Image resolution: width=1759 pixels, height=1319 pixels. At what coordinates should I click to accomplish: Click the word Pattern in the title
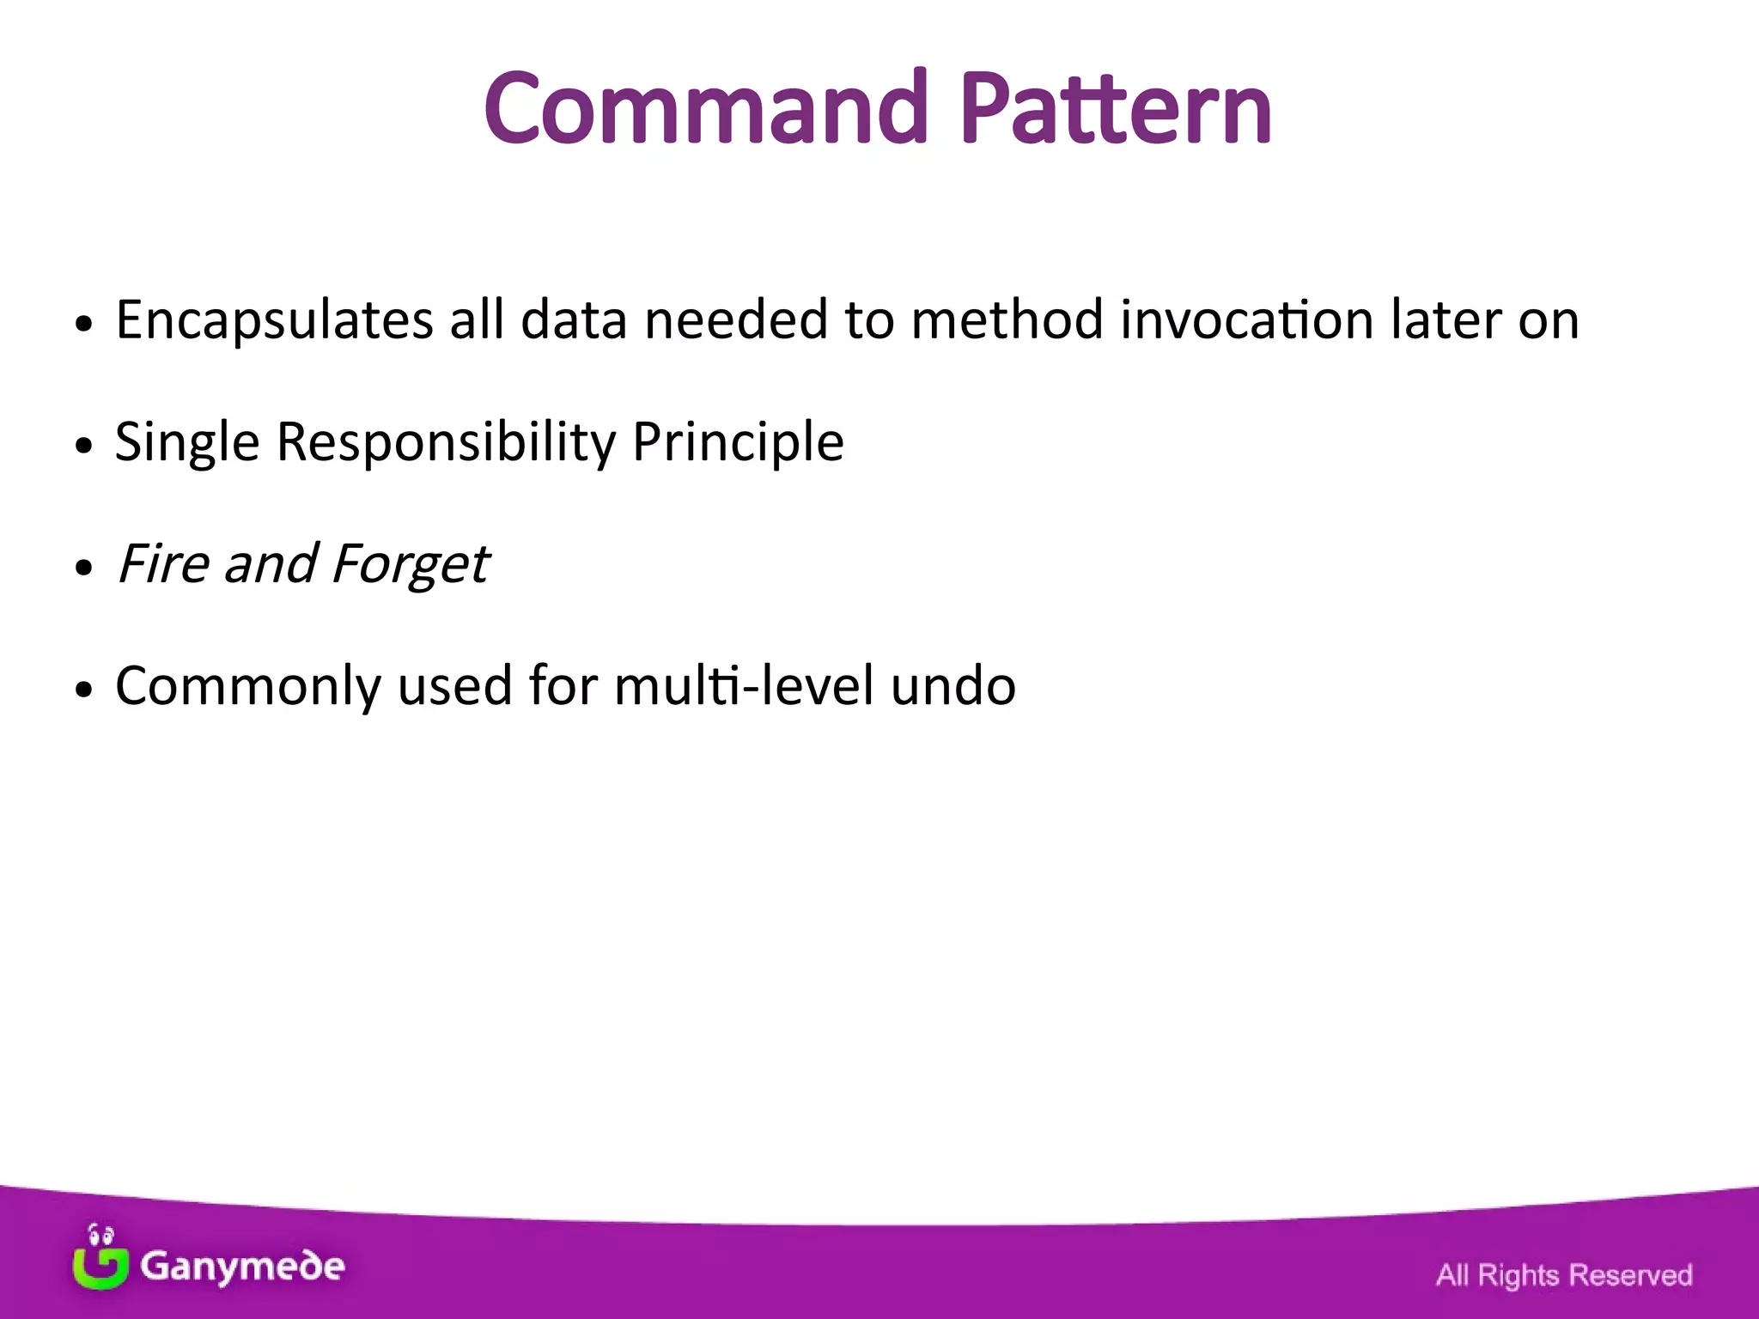point(1115,109)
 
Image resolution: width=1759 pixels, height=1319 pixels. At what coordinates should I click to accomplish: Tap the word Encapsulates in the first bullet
point(274,321)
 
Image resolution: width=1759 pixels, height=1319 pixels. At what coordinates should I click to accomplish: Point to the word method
point(1006,319)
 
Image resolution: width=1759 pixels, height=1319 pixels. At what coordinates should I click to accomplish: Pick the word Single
point(186,443)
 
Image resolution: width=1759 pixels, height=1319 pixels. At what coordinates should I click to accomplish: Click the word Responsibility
point(446,443)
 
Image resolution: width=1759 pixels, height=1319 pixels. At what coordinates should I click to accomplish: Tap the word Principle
point(738,443)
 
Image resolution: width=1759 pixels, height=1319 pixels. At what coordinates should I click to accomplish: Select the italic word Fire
point(163,564)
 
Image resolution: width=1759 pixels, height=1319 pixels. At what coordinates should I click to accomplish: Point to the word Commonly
point(248,687)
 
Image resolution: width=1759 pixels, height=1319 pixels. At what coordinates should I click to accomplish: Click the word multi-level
point(743,686)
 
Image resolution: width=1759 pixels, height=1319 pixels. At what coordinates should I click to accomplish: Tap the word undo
point(953,686)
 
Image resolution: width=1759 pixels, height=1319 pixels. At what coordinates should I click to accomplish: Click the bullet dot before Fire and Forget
point(83,568)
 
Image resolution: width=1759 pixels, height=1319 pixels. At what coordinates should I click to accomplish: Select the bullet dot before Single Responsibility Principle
point(83,446)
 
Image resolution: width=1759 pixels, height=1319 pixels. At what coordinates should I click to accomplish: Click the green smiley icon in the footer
point(100,1259)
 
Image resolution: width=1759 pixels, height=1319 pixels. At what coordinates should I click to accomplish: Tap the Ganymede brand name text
point(242,1267)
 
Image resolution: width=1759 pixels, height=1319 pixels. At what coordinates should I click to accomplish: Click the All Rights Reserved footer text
point(1563,1274)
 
